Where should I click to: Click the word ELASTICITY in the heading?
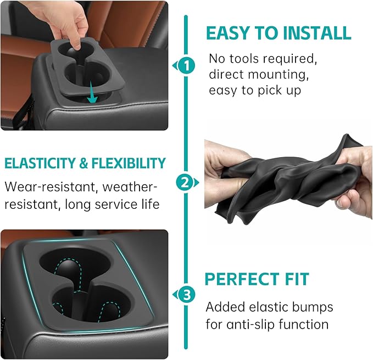tap(38, 163)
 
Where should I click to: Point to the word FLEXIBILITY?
tap(127, 163)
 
